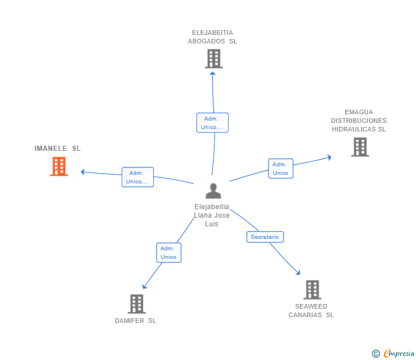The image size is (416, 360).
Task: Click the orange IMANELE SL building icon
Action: click(59, 166)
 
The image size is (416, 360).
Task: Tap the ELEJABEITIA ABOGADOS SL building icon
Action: click(214, 59)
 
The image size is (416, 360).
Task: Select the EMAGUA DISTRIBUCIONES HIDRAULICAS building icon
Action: click(360, 147)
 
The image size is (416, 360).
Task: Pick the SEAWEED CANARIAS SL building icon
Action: click(312, 290)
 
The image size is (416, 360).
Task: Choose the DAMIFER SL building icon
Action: click(137, 304)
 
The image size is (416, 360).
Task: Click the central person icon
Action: click(213, 191)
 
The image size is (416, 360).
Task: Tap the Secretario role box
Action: click(265, 237)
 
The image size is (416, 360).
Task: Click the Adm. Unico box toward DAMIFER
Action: click(169, 253)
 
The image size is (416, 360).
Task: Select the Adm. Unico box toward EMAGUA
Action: click(281, 169)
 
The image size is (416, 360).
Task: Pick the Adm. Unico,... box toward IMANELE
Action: click(138, 177)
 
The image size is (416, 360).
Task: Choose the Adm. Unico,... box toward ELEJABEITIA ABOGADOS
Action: click(213, 122)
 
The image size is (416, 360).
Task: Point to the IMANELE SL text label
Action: click(58, 149)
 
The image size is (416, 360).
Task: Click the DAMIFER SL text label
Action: click(135, 321)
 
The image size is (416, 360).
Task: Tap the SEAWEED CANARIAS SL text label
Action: click(311, 311)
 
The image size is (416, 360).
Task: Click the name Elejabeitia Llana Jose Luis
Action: click(211, 215)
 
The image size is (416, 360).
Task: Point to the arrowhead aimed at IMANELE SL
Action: click(82, 172)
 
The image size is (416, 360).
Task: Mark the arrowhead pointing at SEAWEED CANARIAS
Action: click(298, 273)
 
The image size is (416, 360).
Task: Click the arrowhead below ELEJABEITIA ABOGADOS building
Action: click(212, 73)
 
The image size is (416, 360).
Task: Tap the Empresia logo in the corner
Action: click(393, 354)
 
